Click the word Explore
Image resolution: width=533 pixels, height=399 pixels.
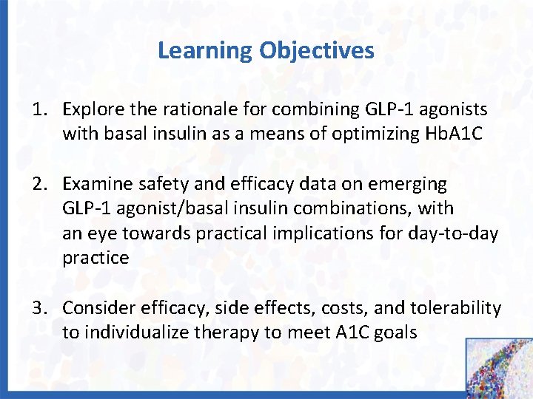click(x=90, y=110)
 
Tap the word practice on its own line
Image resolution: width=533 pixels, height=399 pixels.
click(x=95, y=258)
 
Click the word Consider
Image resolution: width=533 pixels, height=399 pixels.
click(x=95, y=307)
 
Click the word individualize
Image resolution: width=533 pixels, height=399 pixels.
click(x=136, y=332)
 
